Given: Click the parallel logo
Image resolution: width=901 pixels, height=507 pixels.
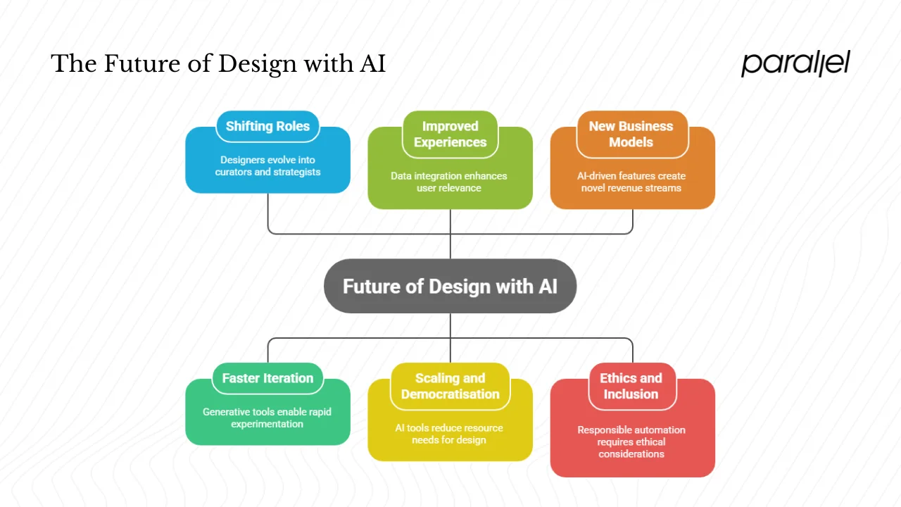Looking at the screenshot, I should [x=795, y=63].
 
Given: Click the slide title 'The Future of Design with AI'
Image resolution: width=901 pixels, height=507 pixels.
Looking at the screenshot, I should [x=218, y=64].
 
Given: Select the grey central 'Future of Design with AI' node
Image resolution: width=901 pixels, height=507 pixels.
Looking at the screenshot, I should [x=450, y=287].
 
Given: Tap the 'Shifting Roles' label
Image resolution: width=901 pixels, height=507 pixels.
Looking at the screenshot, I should [x=267, y=127].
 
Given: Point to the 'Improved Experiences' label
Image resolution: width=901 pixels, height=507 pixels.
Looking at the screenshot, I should [x=450, y=134].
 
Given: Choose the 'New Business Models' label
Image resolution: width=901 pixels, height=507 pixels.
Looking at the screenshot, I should [x=631, y=134].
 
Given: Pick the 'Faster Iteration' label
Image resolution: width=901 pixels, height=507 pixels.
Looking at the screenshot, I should [x=267, y=378].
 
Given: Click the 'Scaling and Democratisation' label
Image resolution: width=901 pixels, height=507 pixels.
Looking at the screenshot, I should [x=450, y=386].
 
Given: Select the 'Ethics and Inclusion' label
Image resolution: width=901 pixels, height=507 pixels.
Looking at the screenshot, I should [x=631, y=386].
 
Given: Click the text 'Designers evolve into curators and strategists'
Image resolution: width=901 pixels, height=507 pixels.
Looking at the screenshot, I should [x=267, y=166].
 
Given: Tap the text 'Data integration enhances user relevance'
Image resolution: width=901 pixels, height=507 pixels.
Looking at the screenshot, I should [x=449, y=182].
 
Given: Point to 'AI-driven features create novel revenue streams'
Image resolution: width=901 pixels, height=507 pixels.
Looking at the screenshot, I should [x=631, y=182].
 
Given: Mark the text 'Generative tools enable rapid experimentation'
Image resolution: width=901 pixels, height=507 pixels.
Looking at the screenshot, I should [x=267, y=418].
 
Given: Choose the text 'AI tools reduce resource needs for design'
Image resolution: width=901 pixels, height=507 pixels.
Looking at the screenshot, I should [x=449, y=434].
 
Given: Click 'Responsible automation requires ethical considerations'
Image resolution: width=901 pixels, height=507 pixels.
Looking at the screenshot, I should [x=631, y=442].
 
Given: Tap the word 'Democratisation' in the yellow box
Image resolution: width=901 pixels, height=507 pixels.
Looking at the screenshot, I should [x=450, y=394].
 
